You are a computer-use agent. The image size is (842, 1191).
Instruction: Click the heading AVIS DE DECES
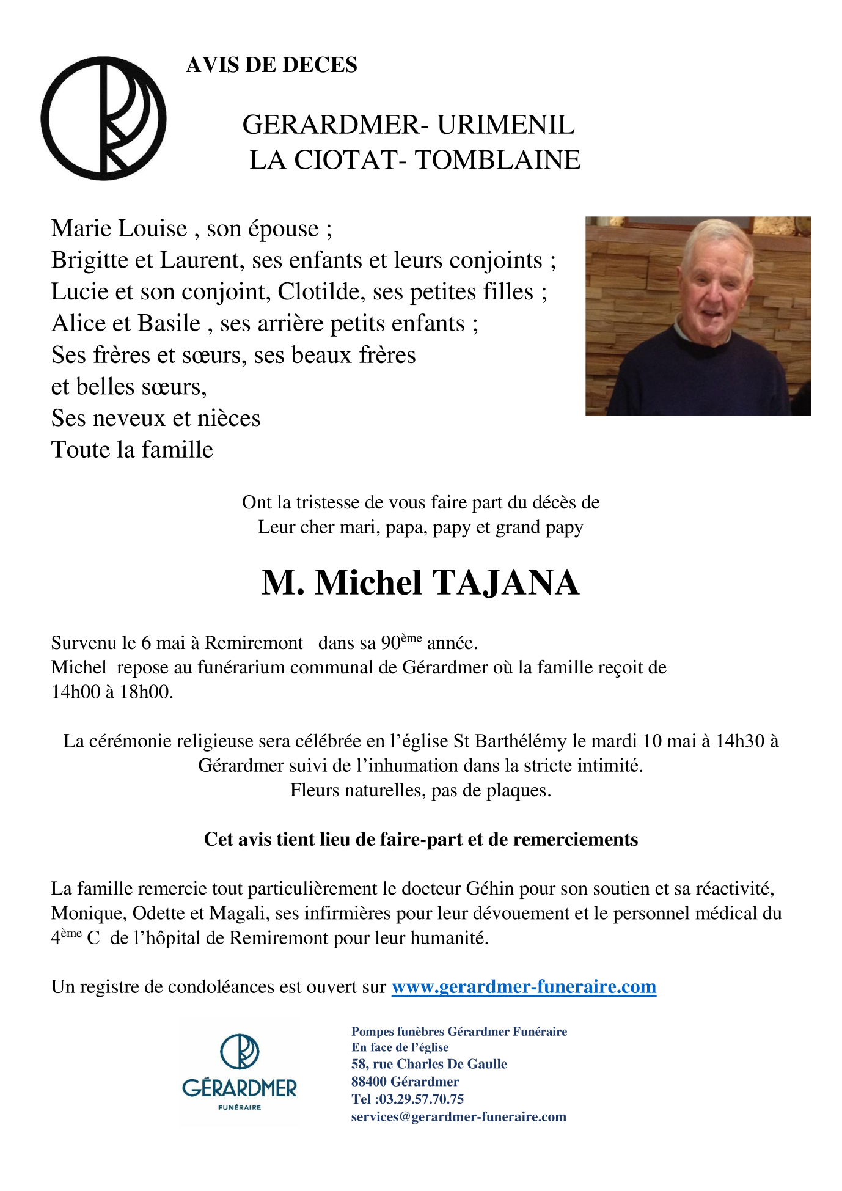click(271, 65)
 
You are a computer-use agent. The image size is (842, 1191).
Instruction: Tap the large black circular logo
click(103, 119)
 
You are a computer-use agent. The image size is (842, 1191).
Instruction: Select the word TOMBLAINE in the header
click(497, 160)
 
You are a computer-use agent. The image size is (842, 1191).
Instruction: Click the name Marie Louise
click(119, 229)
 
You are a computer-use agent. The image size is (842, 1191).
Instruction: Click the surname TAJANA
click(506, 582)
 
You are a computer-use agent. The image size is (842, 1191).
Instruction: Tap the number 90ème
click(401, 642)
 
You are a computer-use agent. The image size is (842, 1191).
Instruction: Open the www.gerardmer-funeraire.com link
click(524, 987)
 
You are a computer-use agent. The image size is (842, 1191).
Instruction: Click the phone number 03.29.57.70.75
click(421, 1099)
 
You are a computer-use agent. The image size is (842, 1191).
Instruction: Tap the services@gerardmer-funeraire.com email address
click(458, 1116)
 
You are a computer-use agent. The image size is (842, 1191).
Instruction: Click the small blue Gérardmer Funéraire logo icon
click(240, 1052)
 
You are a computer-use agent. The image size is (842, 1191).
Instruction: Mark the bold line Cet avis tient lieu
click(420, 840)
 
